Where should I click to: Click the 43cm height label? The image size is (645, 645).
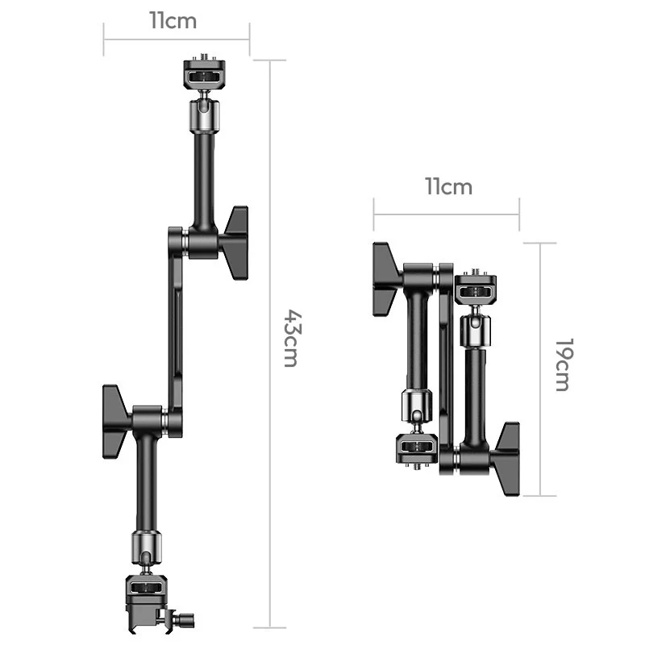[x=293, y=338]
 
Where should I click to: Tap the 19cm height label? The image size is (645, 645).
[x=564, y=365]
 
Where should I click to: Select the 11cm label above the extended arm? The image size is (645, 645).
[x=173, y=21]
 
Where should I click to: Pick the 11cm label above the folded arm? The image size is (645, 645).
[x=448, y=187]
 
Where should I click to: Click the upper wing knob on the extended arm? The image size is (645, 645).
[x=235, y=243]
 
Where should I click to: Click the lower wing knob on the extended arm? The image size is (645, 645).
[x=116, y=422]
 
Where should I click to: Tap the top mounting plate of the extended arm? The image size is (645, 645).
[x=204, y=74]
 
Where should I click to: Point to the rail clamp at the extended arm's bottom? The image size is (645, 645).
[x=146, y=603]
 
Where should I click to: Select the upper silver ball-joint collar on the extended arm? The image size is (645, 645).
[x=204, y=116]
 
